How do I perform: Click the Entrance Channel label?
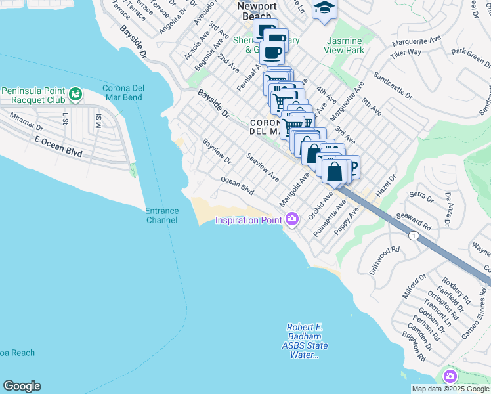coord(161,215)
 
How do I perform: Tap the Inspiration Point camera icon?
coord(291,220)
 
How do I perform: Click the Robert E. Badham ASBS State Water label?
coord(307,341)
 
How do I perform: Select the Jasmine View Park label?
coord(345,45)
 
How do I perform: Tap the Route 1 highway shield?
coord(413,234)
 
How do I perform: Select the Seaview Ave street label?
coord(263,167)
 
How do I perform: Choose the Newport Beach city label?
coord(257,11)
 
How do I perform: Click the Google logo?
coord(22,386)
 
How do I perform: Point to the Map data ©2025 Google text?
coord(450,389)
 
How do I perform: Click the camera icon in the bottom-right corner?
coord(450,376)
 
